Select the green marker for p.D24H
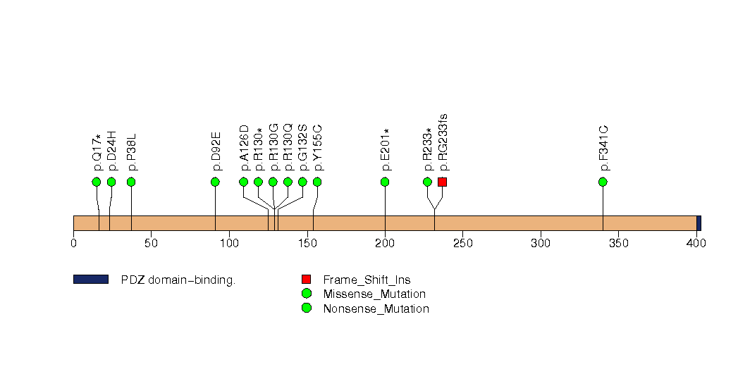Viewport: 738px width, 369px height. click(x=111, y=182)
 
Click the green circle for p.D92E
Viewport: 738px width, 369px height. click(x=215, y=182)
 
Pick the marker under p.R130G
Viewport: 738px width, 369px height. click(x=273, y=182)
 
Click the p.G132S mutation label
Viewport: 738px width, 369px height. click(x=303, y=148)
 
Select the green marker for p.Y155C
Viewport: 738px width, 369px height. click(x=317, y=182)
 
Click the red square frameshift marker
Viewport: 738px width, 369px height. click(x=442, y=182)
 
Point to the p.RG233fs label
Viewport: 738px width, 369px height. click(x=443, y=142)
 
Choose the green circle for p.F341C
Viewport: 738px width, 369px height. click(x=603, y=182)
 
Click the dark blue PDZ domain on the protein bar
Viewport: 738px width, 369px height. click(x=699, y=223)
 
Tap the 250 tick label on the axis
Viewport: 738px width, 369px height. click(x=462, y=243)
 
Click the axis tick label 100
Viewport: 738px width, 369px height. click(x=229, y=243)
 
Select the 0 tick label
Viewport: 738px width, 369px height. click(x=73, y=243)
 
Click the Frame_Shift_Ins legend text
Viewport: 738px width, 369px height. click(x=367, y=280)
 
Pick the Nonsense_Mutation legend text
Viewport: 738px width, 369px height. click(x=376, y=309)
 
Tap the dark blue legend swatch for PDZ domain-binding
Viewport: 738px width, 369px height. click(x=91, y=280)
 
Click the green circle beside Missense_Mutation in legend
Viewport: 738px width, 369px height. click(x=307, y=294)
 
